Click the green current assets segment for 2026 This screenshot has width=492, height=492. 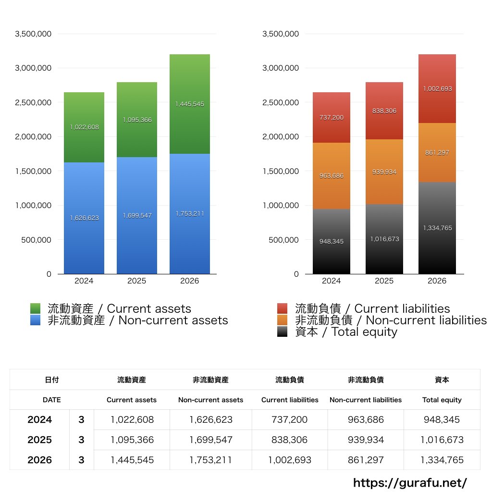189,104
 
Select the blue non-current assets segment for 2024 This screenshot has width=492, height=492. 84,218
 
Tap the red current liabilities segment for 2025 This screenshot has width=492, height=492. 384,111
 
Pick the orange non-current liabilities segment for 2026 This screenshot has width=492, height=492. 437,152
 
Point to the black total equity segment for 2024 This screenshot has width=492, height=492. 332,241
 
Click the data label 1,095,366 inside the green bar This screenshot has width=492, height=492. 137,120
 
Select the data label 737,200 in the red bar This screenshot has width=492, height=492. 332,117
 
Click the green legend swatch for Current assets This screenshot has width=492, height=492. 35,308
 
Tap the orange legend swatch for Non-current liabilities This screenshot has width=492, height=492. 283,320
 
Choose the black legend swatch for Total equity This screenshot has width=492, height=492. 283,332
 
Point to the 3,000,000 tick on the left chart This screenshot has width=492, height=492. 33,68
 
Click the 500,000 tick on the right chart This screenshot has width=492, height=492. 283,240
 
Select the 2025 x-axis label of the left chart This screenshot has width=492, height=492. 137,281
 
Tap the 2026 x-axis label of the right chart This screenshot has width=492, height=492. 437,281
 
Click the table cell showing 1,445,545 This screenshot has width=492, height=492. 132,460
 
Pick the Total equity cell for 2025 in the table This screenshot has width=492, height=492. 442,440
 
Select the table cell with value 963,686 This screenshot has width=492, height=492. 366,419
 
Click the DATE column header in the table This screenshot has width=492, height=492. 52,400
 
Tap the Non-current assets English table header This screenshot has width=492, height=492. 211,400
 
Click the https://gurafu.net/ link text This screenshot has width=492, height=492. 410,483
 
